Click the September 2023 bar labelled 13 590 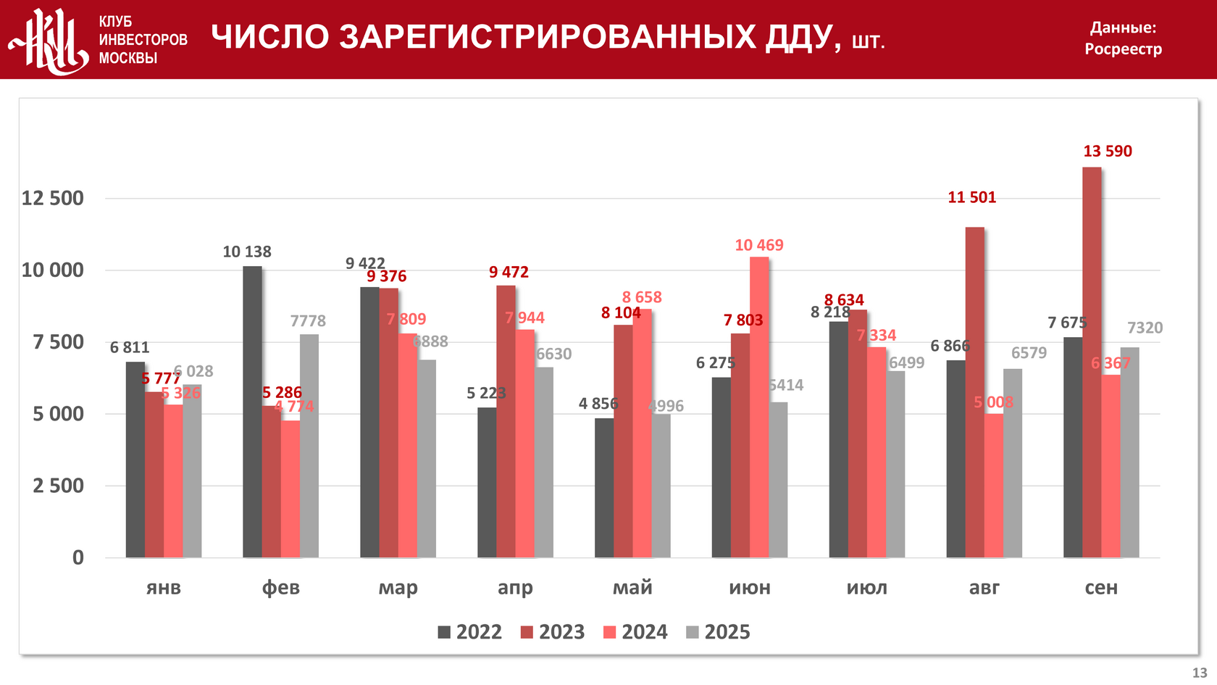(1092, 362)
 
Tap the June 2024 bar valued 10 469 (759, 407)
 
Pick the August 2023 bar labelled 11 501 (974, 392)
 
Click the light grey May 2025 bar (661, 486)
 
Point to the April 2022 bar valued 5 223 (487, 482)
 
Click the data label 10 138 (247, 252)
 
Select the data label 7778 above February (308, 321)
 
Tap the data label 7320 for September (1145, 328)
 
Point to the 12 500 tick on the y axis (53, 199)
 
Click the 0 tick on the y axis (78, 558)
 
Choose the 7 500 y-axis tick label (58, 342)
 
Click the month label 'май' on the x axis (632, 588)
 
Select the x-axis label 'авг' (984, 588)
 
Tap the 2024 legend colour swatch (610, 633)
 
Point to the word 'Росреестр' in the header (1123, 49)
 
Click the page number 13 (1200, 673)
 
